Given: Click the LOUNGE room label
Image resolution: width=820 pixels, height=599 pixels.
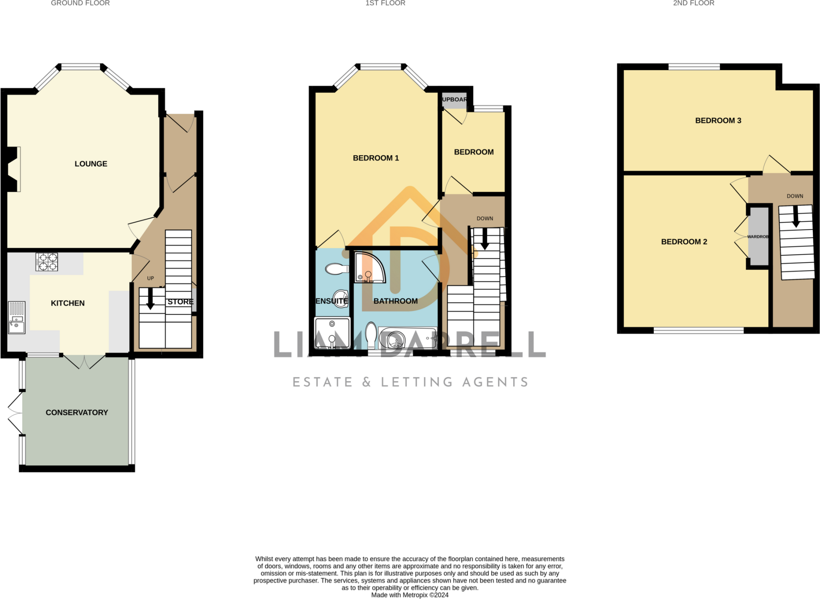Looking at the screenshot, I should (91, 164).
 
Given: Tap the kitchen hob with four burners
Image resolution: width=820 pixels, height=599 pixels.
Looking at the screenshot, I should (47, 262).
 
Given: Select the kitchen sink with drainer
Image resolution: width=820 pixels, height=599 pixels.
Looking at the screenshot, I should (17, 318).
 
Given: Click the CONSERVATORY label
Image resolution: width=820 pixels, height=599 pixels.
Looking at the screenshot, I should (77, 412).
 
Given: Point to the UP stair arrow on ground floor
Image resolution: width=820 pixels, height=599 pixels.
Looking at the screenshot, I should (151, 298).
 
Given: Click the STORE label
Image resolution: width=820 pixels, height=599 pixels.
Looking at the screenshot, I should (180, 302).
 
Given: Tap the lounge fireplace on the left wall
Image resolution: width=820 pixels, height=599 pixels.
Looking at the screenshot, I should (13, 169).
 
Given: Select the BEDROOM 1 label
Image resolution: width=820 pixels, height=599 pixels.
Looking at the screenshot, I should (376, 158).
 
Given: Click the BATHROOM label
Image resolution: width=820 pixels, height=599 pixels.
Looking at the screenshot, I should (395, 301).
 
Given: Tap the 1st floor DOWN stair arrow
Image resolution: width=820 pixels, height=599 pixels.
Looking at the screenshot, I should (484, 239).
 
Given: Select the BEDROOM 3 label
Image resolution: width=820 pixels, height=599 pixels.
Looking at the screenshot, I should (718, 121).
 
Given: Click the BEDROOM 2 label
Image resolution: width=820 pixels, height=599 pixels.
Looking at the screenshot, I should (684, 242).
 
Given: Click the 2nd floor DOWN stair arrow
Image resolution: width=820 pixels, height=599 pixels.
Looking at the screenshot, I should (796, 217).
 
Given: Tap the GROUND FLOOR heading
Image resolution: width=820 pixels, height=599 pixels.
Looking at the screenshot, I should (80, 3).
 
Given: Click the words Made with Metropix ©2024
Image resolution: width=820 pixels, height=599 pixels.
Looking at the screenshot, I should (410, 595).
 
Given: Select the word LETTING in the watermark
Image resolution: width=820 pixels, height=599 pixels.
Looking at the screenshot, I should (417, 382).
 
